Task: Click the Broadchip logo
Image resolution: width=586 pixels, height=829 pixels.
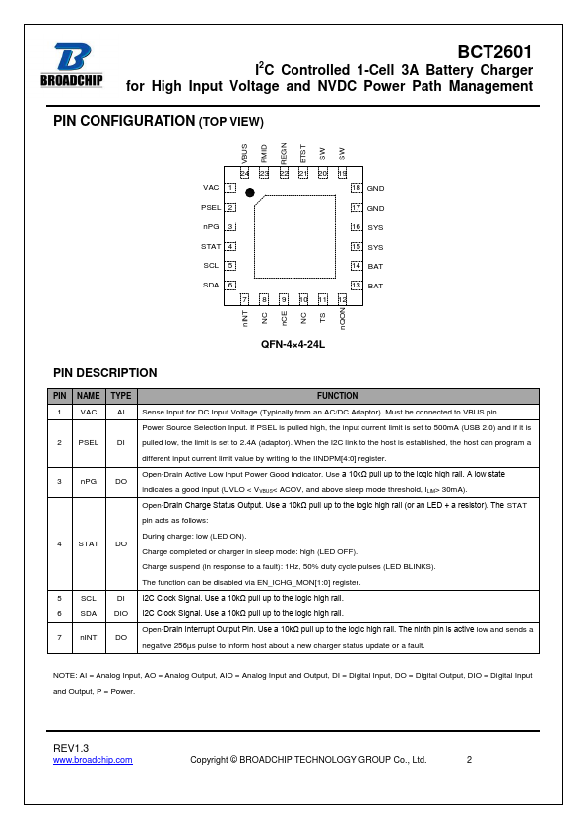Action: coord(71,65)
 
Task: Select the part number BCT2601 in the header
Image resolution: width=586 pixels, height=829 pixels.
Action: coord(494,52)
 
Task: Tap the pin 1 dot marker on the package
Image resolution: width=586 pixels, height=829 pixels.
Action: coord(250,192)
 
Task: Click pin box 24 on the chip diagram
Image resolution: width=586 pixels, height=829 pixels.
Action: coord(245,173)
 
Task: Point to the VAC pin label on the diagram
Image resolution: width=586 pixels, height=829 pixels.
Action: coord(211,188)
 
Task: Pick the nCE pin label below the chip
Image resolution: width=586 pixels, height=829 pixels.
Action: coord(284,318)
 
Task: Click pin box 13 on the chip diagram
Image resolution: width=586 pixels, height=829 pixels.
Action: coord(356,286)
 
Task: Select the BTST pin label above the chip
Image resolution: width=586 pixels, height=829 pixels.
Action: coord(303,154)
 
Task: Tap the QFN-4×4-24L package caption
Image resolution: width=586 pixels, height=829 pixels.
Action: coord(293,345)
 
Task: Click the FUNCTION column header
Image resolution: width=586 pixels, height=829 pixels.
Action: coord(338,396)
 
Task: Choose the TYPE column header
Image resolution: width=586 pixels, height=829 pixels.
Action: coord(121,396)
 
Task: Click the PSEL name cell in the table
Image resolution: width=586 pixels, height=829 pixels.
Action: coord(89,442)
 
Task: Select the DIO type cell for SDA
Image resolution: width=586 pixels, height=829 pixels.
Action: coord(121,613)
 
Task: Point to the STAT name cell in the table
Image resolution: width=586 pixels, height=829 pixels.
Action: coord(89,543)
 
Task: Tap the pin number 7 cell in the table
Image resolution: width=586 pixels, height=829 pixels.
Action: coord(59,638)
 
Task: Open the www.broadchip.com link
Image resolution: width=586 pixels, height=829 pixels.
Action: coord(93,760)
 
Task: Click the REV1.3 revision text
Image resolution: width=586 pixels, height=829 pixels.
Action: coord(71,748)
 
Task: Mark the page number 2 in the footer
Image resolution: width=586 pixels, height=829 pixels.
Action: coord(469,760)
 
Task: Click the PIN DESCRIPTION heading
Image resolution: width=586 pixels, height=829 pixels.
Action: coord(105,373)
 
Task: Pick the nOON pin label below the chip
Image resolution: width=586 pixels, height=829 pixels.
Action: coord(342,319)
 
